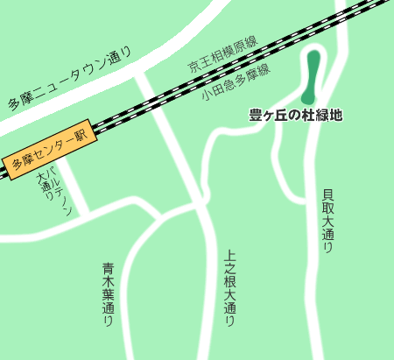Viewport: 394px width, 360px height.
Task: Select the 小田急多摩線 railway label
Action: click(235, 81)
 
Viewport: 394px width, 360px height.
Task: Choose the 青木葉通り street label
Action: click(108, 294)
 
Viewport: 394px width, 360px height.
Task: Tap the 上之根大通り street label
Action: click(230, 288)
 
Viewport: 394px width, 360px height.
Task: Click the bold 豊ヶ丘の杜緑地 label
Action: click(295, 115)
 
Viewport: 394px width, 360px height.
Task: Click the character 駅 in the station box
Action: click(82, 136)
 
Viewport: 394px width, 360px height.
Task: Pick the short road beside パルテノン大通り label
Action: click(72, 188)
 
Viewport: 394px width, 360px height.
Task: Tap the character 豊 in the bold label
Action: click(256, 115)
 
